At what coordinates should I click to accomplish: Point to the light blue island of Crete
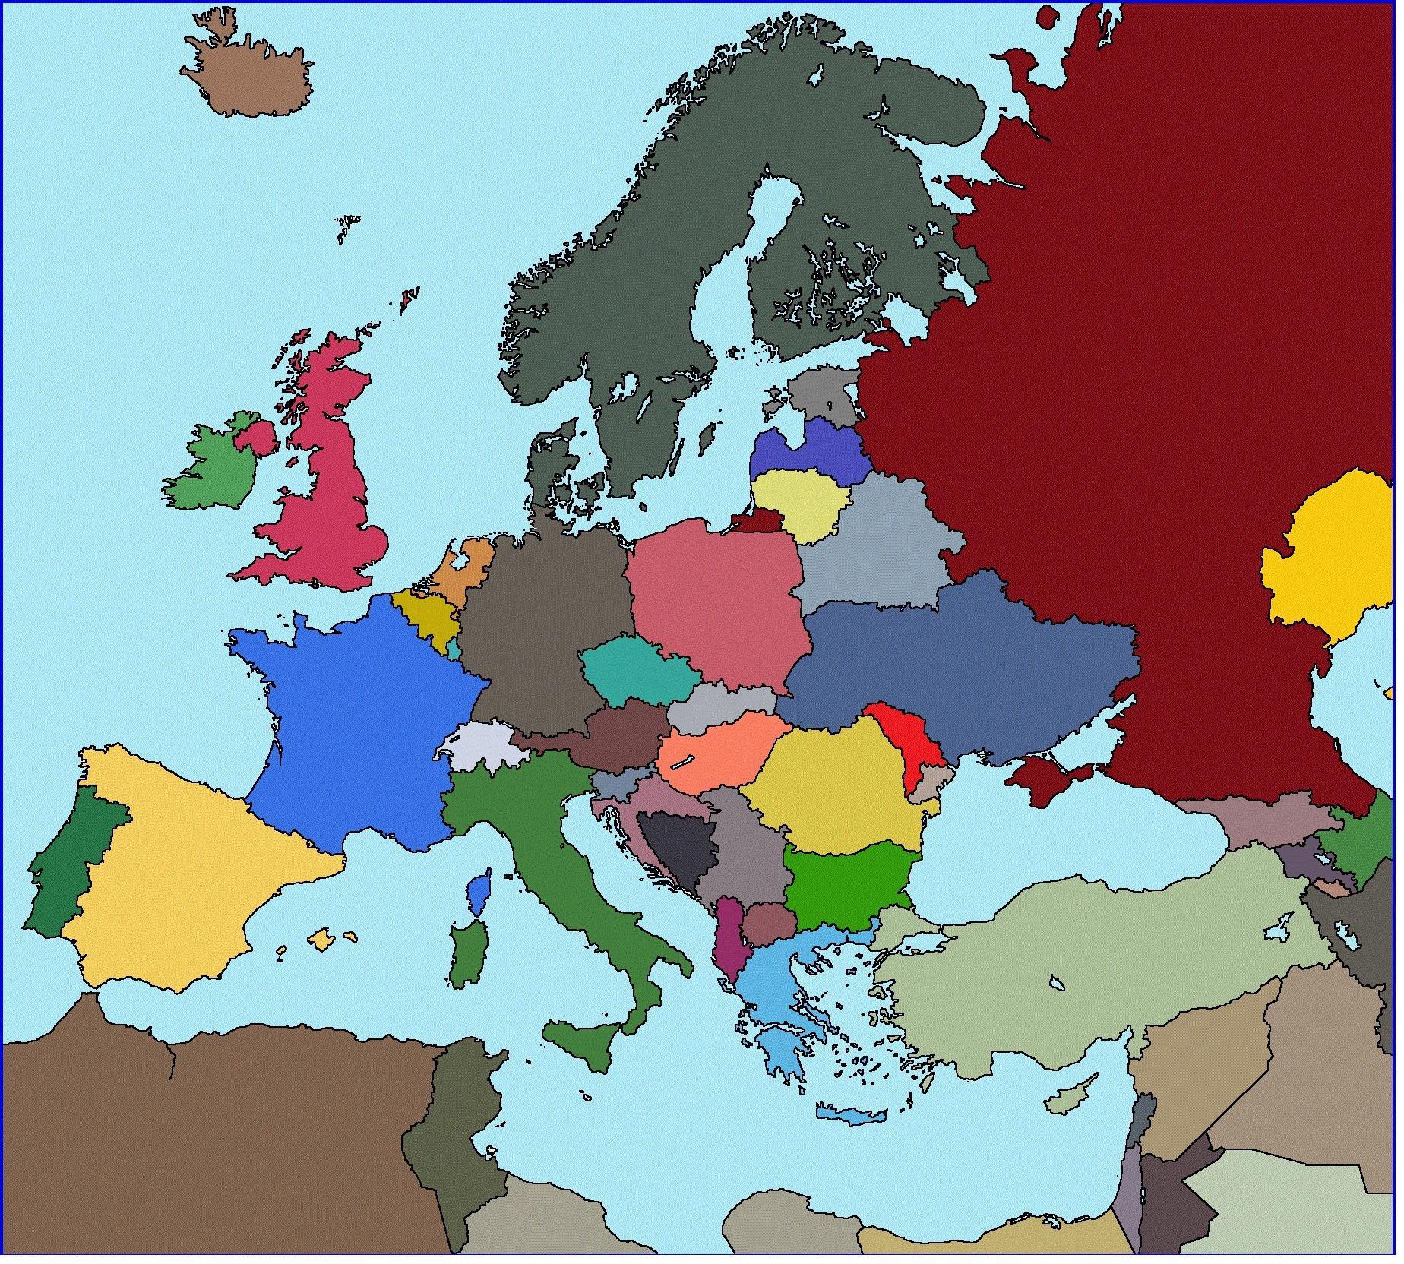click(x=851, y=1115)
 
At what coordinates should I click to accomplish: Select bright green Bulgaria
click(x=847, y=885)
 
